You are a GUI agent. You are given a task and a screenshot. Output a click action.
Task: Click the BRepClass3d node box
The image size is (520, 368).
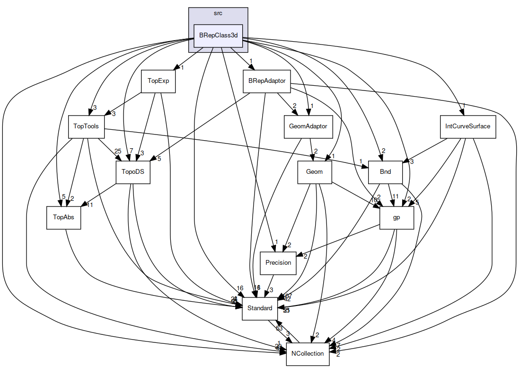[218, 36]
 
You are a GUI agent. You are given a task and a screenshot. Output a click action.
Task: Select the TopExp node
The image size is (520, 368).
[158, 81]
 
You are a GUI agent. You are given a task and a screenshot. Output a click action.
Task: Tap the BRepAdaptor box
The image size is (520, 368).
[267, 81]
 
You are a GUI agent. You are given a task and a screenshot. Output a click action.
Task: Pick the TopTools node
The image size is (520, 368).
[86, 126]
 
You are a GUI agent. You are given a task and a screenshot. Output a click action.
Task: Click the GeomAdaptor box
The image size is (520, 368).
[308, 126]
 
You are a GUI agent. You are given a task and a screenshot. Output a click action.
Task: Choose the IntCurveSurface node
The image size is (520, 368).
[467, 126]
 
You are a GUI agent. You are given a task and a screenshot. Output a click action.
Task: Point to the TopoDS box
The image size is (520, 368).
[133, 172]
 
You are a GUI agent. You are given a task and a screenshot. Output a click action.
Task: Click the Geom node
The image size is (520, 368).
[314, 172]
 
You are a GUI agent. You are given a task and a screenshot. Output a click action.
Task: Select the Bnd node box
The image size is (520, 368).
[385, 172]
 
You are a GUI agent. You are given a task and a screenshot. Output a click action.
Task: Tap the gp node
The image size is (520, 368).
[397, 217]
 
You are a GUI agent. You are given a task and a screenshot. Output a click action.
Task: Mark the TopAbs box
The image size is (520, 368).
[63, 217]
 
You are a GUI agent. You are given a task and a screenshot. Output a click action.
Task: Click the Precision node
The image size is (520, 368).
[278, 263]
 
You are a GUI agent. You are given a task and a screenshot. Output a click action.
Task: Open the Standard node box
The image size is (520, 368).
[260, 308]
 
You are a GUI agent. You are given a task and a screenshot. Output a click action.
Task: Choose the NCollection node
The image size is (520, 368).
[308, 354]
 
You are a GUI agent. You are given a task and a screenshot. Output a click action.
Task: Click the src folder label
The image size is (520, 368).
[218, 13]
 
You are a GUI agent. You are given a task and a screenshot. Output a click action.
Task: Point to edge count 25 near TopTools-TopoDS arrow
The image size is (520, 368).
[118, 152]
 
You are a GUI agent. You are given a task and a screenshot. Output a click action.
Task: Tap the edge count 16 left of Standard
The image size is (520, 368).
[240, 288]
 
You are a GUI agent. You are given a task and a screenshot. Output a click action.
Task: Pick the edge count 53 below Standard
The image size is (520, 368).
[279, 328]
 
